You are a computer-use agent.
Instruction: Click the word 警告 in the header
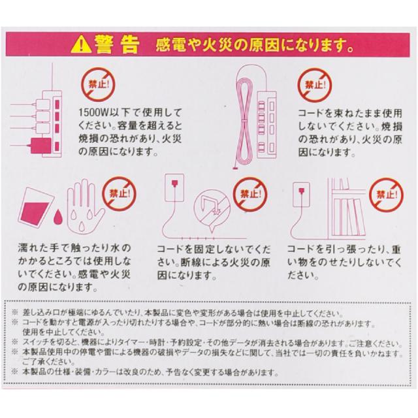coord(116,44)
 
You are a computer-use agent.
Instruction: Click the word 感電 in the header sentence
coord(171,46)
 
